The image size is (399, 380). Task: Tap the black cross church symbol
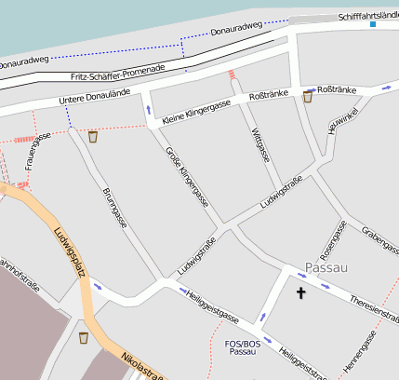click(300, 293)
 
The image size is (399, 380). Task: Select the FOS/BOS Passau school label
click(243, 347)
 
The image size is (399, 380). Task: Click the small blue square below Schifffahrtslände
click(373, 24)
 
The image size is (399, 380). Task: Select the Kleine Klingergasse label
click(195, 113)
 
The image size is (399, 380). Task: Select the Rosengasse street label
click(332, 239)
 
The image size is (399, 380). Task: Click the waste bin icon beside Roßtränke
click(307, 96)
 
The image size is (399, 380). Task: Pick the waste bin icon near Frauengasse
click(92, 137)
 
